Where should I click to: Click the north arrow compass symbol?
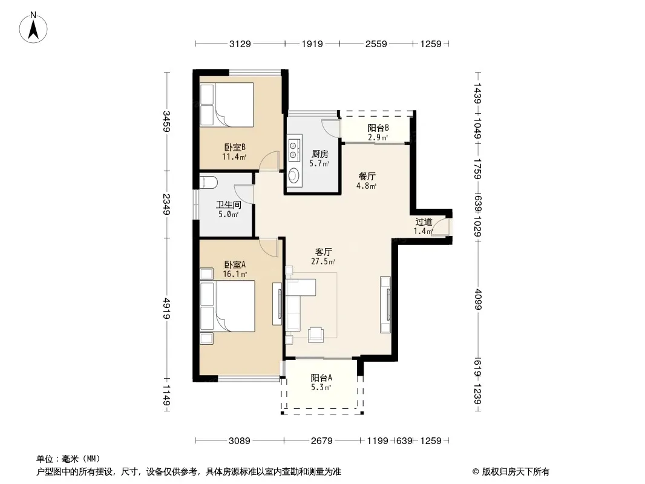(x=33, y=28)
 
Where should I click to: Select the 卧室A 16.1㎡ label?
(x=235, y=269)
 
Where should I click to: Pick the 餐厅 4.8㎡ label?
(x=367, y=180)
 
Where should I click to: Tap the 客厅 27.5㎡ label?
(x=323, y=256)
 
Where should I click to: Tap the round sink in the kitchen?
(x=293, y=175)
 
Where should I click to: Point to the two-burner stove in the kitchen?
(x=293, y=149)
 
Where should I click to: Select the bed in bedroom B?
(x=227, y=105)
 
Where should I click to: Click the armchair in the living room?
(x=315, y=335)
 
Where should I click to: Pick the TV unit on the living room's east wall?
(x=386, y=304)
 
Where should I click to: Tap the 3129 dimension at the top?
(x=240, y=44)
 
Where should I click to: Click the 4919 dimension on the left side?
(x=166, y=308)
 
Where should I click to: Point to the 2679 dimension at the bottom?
(x=322, y=441)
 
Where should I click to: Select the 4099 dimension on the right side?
(x=478, y=299)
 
